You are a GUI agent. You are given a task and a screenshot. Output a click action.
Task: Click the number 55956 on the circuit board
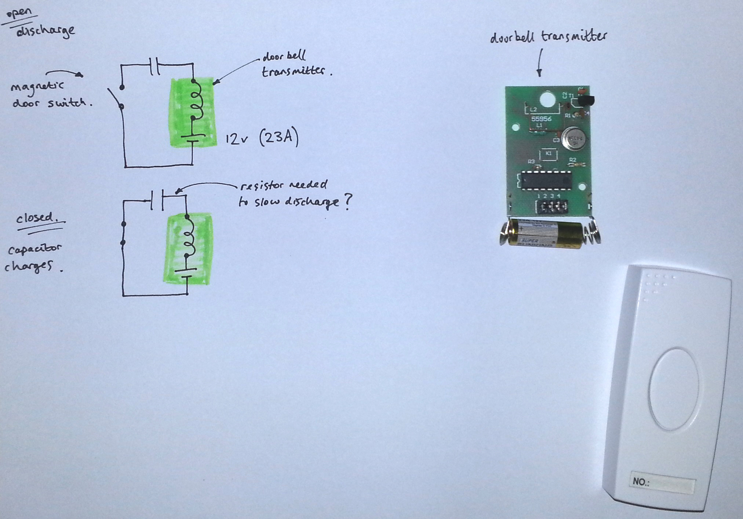coord(541,119)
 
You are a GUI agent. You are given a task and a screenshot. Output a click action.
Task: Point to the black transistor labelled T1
coord(586,101)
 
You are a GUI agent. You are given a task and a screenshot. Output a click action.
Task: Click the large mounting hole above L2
coord(547,99)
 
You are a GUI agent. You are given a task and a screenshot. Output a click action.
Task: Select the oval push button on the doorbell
coord(674,389)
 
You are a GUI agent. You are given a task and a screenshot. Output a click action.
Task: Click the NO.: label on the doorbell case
coord(641,482)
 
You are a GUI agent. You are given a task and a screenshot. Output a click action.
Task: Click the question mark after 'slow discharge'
coord(347,202)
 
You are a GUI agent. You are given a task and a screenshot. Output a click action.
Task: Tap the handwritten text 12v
coord(237,139)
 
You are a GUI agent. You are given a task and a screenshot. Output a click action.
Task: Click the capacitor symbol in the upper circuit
coord(155,66)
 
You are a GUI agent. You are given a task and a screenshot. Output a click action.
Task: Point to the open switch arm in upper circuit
coord(115,98)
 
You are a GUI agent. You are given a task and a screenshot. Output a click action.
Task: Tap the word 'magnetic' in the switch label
coord(37,87)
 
